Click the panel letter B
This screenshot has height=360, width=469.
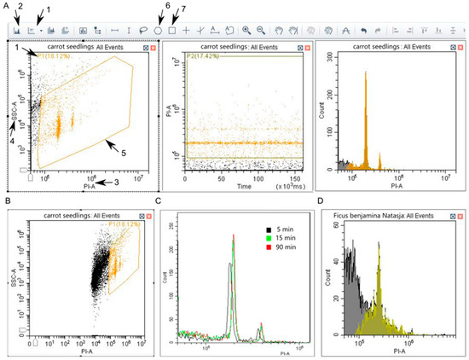[7, 201]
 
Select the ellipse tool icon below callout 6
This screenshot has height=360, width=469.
[158, 29]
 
